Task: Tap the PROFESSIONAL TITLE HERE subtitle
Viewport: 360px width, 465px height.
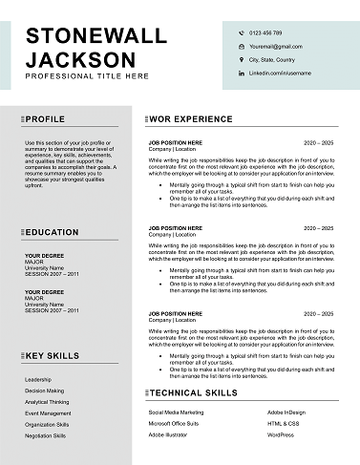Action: pos(87,75)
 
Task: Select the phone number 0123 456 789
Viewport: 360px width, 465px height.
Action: pos(265,32)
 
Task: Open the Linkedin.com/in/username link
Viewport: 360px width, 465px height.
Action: pos(281,73)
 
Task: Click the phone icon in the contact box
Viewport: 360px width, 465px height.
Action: pos(241,32)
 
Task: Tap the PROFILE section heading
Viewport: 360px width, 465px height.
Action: pos(45,119)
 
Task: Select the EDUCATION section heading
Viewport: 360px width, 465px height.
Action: pos(52,232)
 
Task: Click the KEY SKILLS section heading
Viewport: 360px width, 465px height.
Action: pos(53,355)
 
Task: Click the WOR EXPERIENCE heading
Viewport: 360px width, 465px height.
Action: pos(191,119)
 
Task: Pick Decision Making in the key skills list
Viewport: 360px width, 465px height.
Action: pos(45,391)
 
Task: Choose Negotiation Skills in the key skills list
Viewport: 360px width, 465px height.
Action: pos(46,435)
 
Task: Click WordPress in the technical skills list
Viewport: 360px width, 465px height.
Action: pos(281,434)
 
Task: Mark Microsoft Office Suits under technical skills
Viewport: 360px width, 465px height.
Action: pos(174,423)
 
